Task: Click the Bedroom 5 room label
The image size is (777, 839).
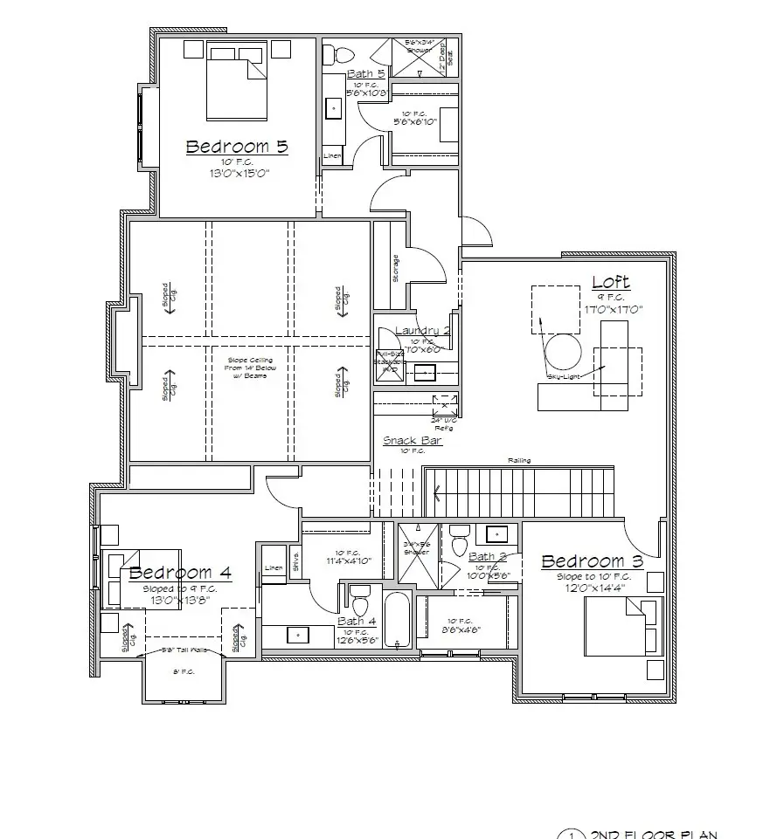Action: [237, 147]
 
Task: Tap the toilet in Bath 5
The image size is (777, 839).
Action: [332, 55]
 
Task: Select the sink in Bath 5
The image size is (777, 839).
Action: [334, 108]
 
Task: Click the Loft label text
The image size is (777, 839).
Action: [610, 282]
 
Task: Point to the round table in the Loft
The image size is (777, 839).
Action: [563, 352]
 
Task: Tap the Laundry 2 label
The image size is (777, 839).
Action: [422, 330]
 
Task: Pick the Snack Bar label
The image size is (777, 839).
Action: [413, 441]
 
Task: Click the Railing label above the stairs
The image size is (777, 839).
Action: [520, 461]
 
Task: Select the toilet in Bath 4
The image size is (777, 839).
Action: [359, 603]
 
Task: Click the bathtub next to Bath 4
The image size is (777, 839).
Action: [396, 620]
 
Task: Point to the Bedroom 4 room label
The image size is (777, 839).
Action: [180, 573]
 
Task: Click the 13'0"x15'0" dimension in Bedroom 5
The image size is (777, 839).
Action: [237, 173]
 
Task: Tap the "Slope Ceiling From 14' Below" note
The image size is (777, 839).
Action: [250, 368]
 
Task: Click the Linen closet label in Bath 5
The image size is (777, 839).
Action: [332, 156]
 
